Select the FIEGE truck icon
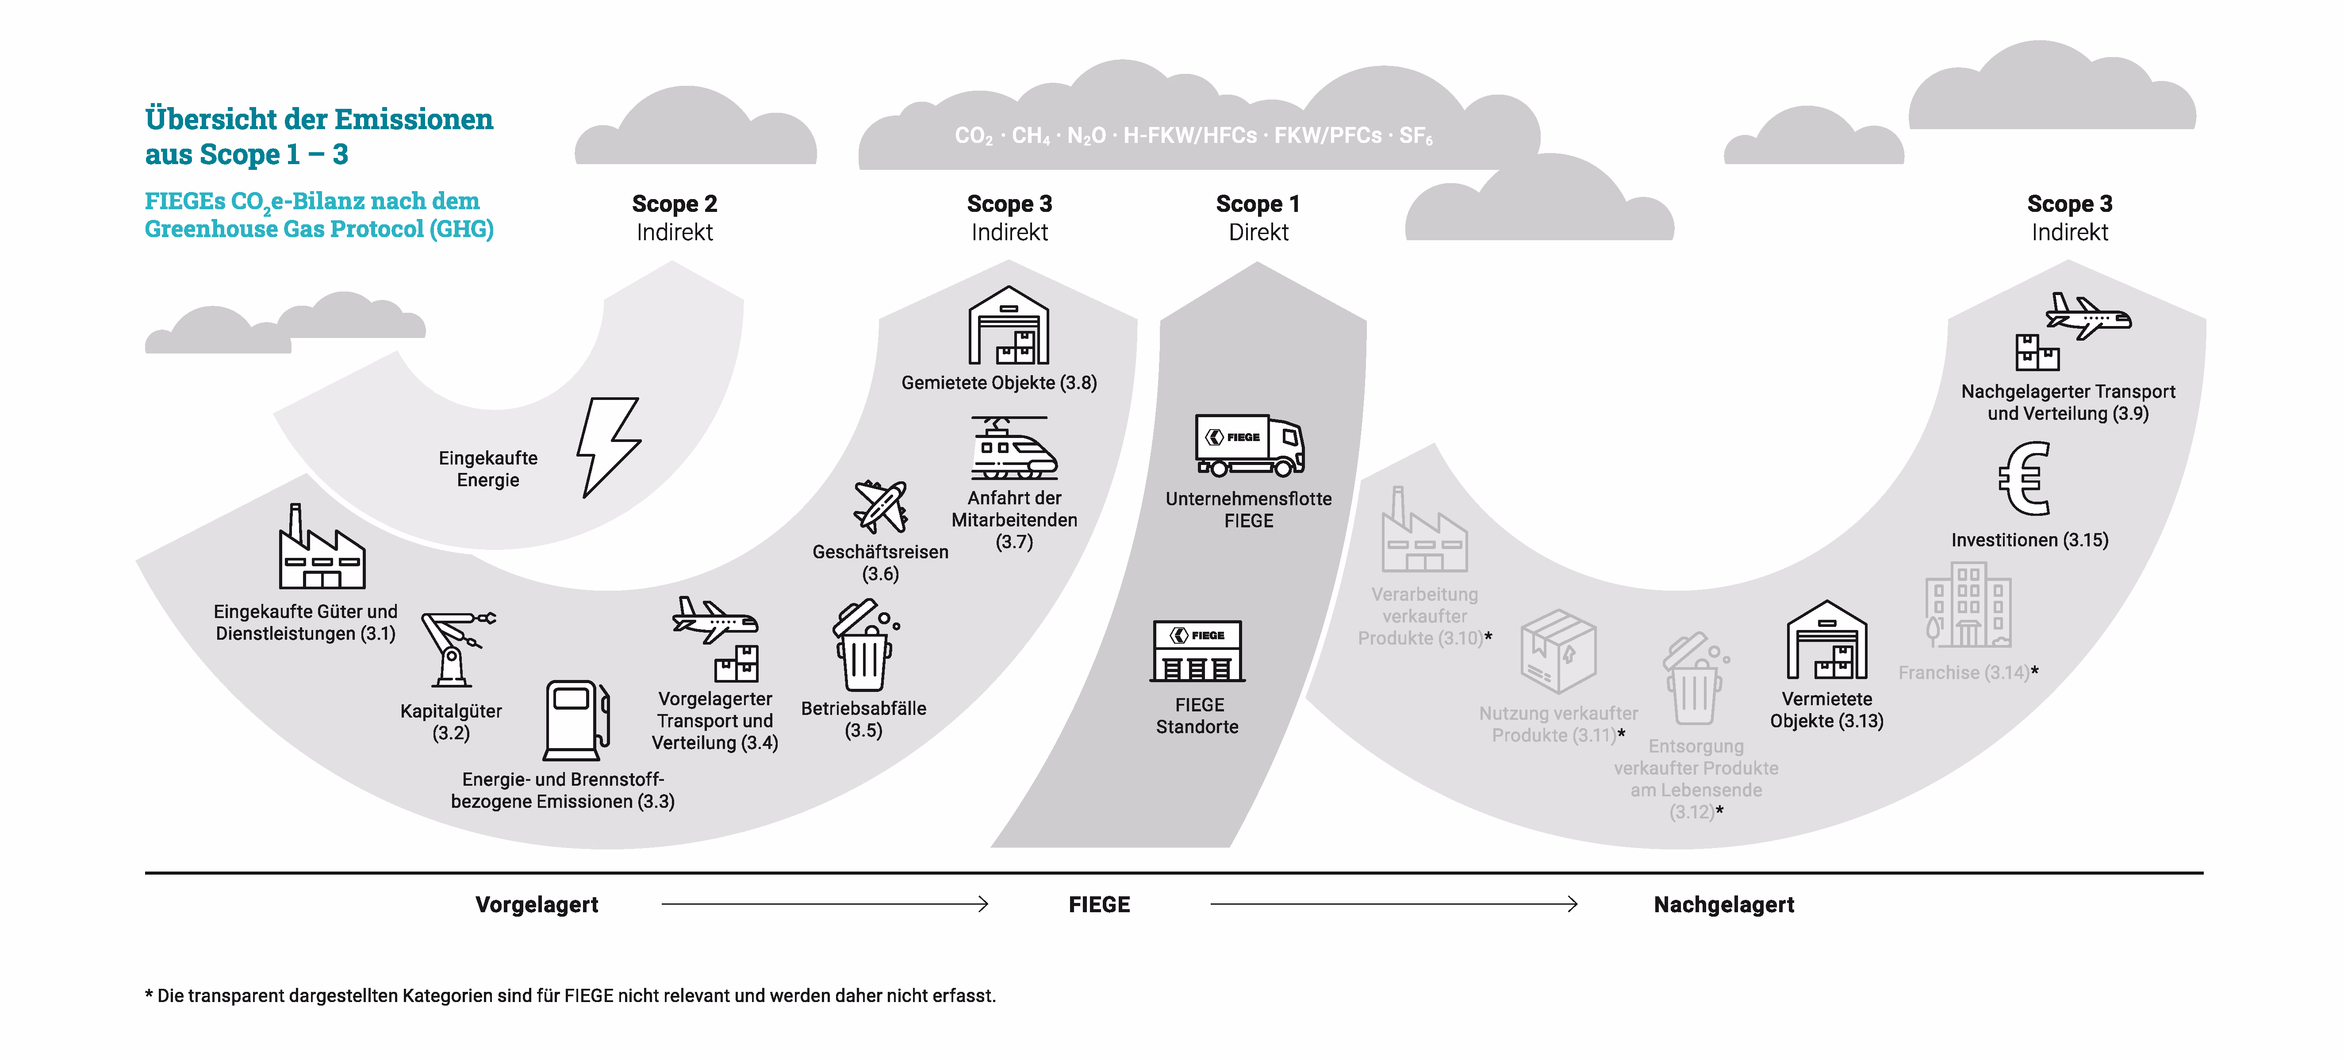1249,446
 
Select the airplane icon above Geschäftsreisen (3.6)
880,506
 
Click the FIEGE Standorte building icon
1197,652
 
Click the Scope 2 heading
674,204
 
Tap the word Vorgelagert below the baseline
537,904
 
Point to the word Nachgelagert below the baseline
1723,904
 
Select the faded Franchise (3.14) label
1964,672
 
